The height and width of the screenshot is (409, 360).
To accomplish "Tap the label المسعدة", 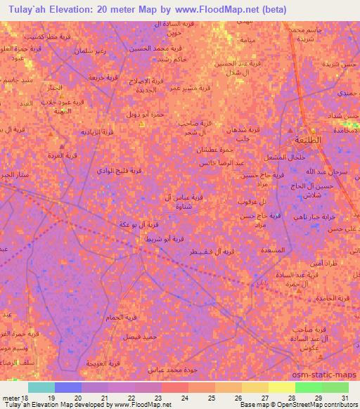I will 272,249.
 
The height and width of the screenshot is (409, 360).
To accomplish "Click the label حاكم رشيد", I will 173,60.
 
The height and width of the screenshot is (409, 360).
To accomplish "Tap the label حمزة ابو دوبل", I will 144,113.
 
